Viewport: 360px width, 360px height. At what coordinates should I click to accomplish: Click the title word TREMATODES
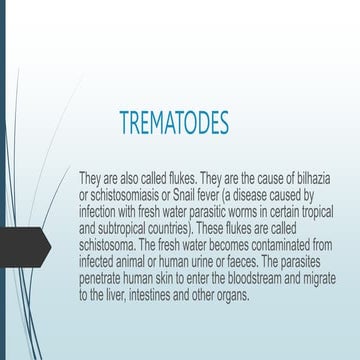173,123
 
